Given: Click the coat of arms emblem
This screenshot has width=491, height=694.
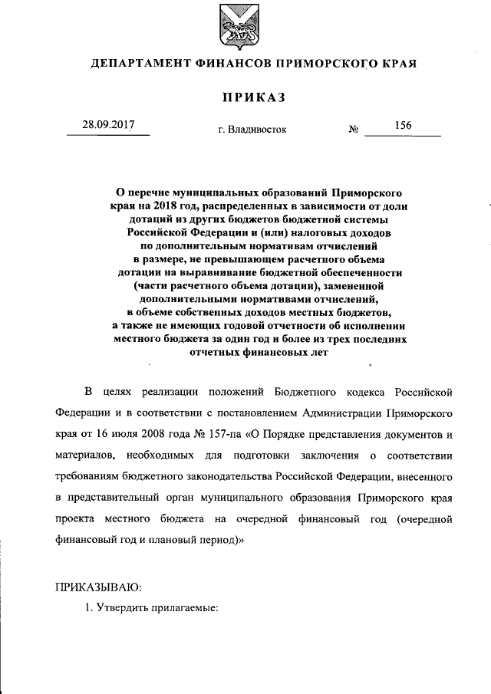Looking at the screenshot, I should (245, 25).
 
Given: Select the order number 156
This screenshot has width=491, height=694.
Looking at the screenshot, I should (403, 125).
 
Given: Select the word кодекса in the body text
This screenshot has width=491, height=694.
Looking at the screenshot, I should (360, 393).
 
